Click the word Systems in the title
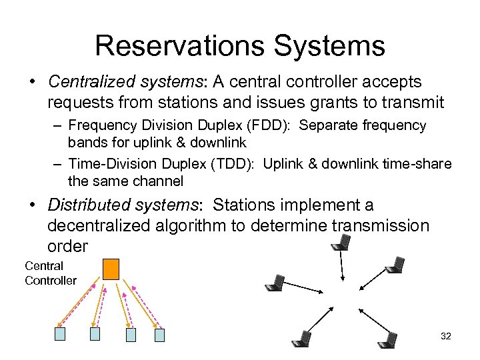[339, 46]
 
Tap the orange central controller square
[111, 268]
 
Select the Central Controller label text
[50, 273]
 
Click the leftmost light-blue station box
[60, 334]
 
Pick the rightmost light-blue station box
[159, 335]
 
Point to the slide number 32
[446, 336]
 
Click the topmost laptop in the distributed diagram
[340, 245]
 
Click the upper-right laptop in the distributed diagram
[395, 265]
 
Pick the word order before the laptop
[67, 246]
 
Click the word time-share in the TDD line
[423, 164]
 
